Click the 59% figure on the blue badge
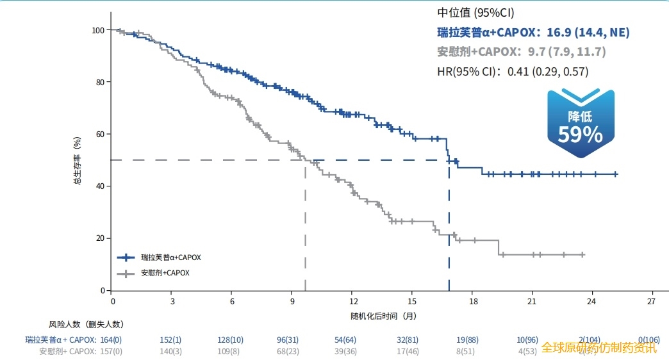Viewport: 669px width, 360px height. [580, 134]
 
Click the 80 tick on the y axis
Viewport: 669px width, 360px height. [99, 82]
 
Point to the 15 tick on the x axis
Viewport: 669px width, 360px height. [412, 301]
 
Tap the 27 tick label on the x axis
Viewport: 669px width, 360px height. [652, 301]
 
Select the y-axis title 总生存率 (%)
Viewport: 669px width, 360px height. [76, 161]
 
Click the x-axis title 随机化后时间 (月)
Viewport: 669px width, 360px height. [383, 316]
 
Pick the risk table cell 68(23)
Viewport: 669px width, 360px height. [291, 351]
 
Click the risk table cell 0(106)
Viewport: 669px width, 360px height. [648, 340]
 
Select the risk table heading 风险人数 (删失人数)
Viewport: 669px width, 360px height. [86, 324]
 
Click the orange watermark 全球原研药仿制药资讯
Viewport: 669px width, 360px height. [599, 348]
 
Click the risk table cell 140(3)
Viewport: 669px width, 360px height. [170, 351]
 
